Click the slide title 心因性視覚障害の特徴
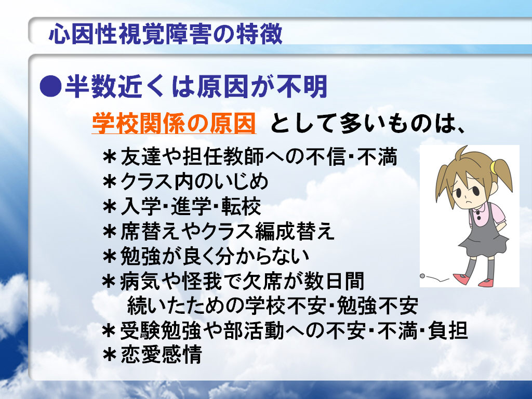point(166,34)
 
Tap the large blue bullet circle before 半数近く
point(50,86)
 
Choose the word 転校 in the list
point(241,206)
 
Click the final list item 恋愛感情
point(162,354)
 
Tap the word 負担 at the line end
point(448,330)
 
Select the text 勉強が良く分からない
point(215,256)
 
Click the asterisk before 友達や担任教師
point(110,158)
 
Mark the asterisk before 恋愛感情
point(110,355)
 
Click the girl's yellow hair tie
point(494,166)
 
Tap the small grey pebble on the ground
point(422,276)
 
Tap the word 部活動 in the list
point(255,330)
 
